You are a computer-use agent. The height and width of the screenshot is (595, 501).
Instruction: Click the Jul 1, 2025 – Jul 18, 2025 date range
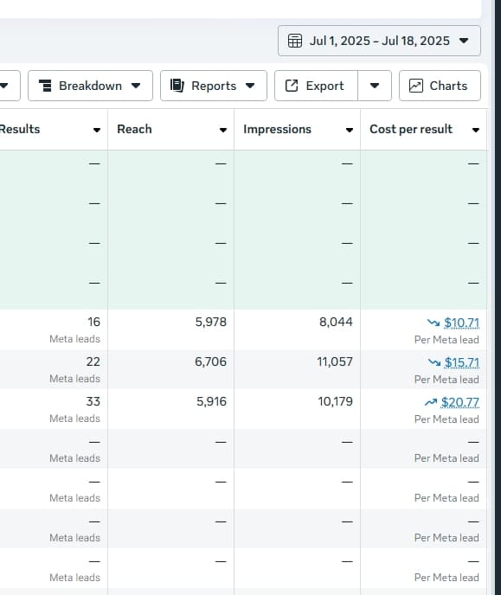pos(379,41)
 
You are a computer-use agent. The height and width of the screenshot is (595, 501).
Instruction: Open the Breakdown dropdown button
pos(90,86)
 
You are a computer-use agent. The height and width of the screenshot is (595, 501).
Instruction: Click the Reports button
pos(213,86)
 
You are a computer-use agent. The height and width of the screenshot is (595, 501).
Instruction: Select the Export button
pos(315,86)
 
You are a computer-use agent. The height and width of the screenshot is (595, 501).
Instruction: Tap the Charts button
pos(440,86)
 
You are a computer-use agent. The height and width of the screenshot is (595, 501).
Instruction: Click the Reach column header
pos(134,129)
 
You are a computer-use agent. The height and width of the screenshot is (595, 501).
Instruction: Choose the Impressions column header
pos(277,129)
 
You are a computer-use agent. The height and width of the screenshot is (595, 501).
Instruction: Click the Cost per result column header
pos(411,129)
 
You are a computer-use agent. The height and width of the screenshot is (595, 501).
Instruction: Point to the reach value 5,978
pos(211,322)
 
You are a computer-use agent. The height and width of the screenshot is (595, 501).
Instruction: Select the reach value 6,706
pos(211,361)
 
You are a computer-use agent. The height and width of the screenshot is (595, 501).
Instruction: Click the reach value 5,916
pos(211,401)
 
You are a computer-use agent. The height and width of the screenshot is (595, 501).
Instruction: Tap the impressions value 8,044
pos(336,322)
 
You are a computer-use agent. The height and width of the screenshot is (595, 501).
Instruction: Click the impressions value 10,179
pos(335,401)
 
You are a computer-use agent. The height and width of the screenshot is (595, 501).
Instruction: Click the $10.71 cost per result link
pos(461,323)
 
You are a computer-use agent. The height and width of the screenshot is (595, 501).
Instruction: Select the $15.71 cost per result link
pos(461,362)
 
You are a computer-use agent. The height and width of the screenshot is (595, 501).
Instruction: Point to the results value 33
pos(93,401)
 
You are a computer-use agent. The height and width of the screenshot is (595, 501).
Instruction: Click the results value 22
pos(93,361)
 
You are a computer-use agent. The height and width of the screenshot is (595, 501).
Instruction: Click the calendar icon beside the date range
pos(295,41)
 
